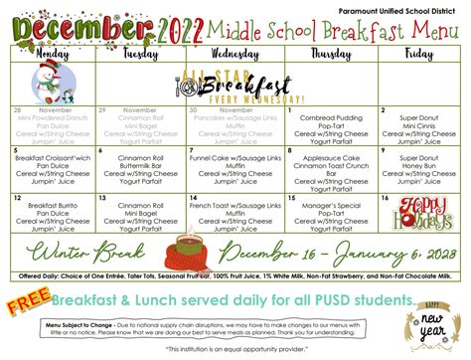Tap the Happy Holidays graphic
417,211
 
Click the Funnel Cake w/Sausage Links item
236,158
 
